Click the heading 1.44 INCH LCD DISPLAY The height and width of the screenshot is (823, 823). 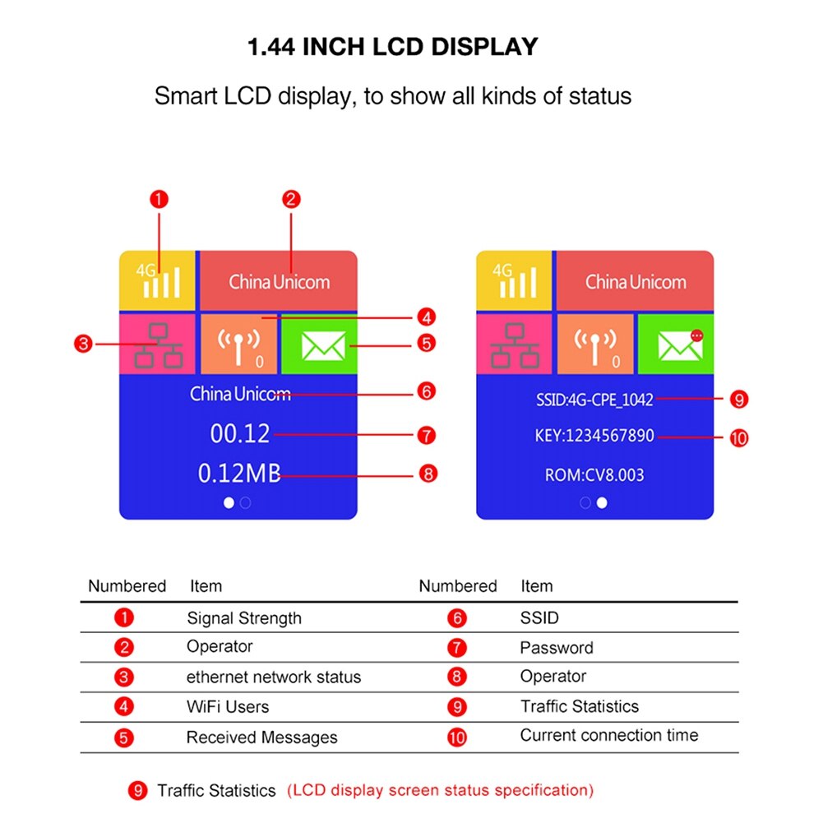[393, 46]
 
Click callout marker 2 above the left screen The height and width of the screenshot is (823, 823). [291, 198]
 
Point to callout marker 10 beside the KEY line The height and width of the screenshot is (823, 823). [738, 437]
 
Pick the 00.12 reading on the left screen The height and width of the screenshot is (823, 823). [240, 433]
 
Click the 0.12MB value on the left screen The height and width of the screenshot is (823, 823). [239, 473]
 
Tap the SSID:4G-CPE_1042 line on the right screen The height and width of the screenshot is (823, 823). [594, 400]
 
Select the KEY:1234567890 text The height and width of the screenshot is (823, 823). [594, 436]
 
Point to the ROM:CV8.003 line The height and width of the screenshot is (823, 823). [594, 475]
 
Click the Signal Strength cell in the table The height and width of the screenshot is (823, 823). [244, 618]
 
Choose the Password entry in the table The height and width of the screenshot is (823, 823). [556, 648]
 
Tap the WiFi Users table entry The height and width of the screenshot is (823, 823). [228, 706]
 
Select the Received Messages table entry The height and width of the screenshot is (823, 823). [261, 737]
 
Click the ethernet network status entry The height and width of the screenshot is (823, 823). [274, 677]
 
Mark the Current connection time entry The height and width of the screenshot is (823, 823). [608, 735]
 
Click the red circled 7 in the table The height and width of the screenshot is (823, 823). [457, 648]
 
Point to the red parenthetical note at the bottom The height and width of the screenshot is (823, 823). [440, 790]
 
